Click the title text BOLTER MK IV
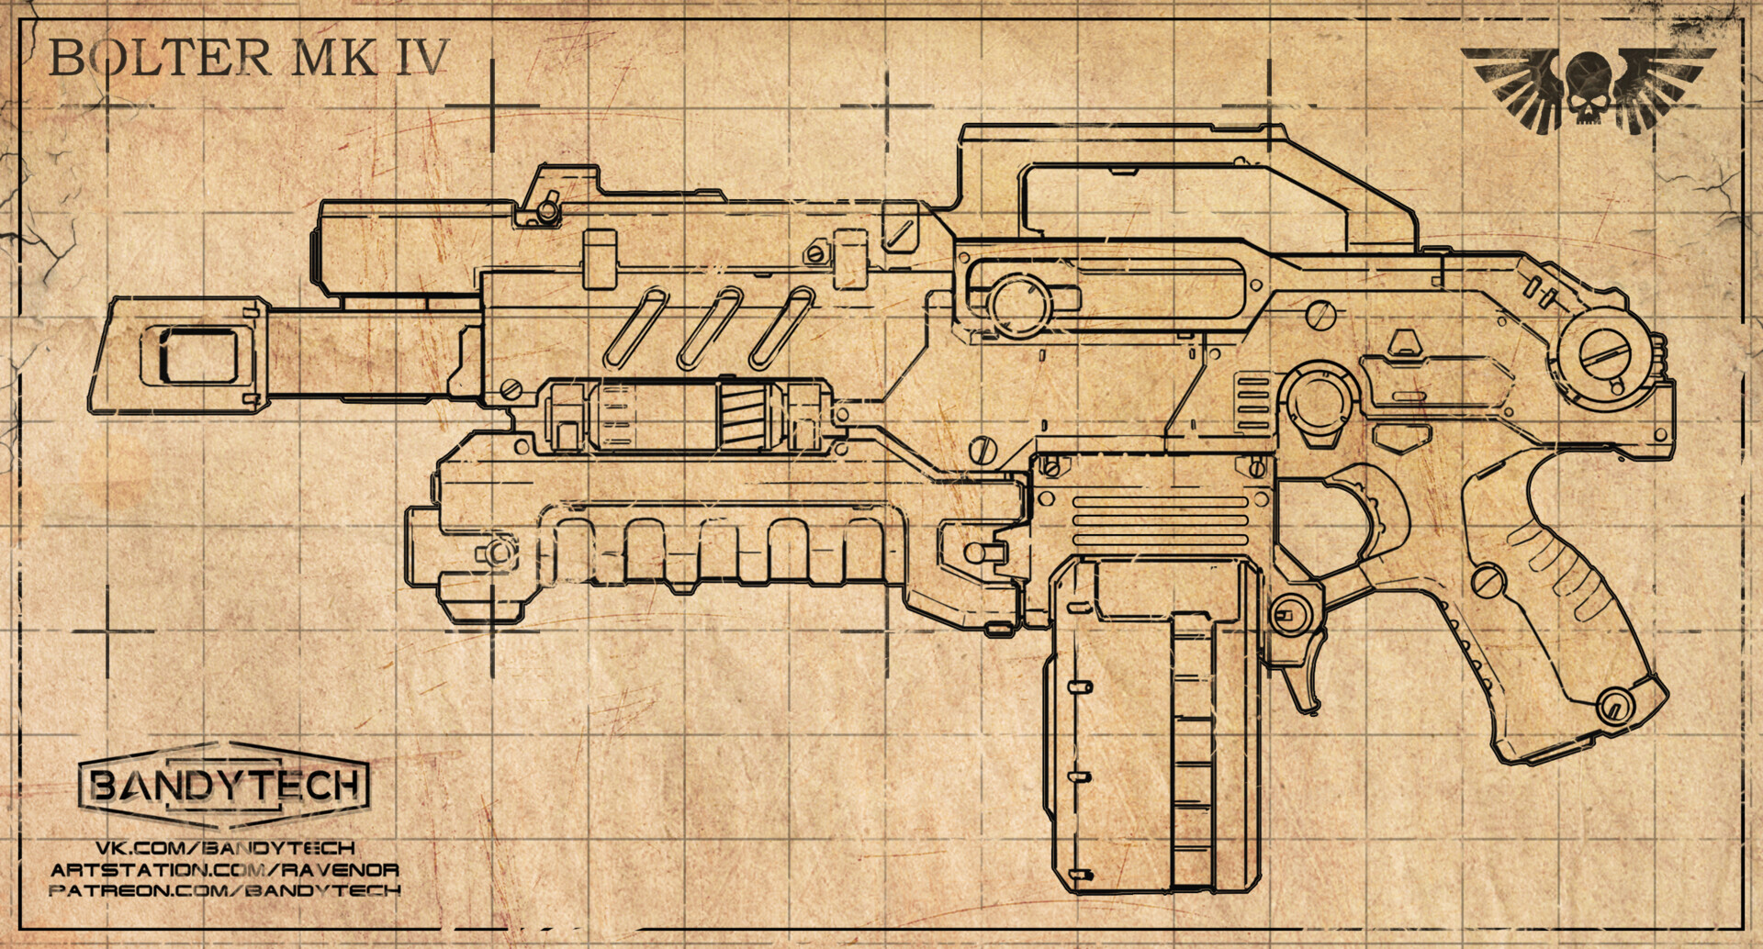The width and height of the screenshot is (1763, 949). click(248, 57)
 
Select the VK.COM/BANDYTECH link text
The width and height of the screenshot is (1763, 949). click(225, 847)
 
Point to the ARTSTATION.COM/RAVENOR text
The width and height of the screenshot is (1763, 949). click(225, 869)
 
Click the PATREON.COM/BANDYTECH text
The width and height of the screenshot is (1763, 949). click(225, 890)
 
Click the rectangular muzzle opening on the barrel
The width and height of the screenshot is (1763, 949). click(197, 355)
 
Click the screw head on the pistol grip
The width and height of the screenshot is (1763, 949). click(1488, 580)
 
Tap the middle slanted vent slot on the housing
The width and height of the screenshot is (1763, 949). click(709, 329)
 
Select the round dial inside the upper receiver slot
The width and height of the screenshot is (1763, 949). click(1019, 303)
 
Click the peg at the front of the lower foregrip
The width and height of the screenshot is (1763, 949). click(496, 553)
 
